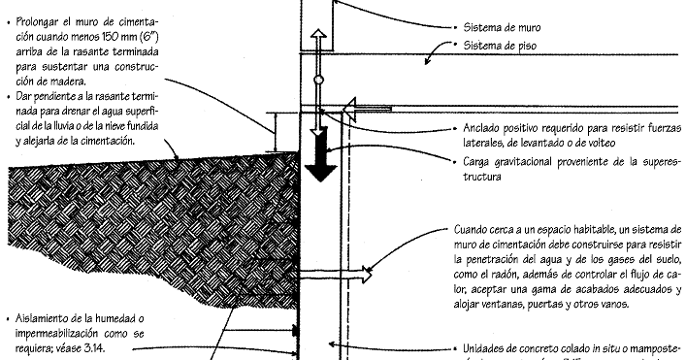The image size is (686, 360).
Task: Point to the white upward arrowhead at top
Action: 318,36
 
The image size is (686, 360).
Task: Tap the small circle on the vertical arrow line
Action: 318,81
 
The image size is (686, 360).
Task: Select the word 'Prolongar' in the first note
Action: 40,20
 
